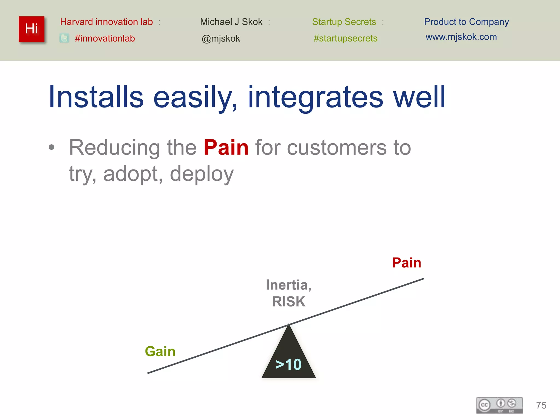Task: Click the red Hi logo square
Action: pos(31,29)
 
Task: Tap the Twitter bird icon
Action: pos(64,38)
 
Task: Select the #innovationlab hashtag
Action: pos(105,38)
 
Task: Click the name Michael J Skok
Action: pos(231,22)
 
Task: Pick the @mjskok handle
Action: pos(221,39)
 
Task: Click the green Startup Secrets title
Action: pos(344,22)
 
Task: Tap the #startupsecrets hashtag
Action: pos(345,38)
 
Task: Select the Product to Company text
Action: pos(466,22)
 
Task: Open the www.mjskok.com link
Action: pos(461,37)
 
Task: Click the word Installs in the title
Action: pos(96,97)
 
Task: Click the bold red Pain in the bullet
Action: pos(226,147)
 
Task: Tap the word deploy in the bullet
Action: pos(202,174)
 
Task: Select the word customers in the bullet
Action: pos(337,148)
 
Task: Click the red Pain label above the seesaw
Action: pos(406,263)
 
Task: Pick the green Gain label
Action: pos(160,351)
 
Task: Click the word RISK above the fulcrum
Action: pos(289,302)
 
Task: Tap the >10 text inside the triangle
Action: pos(288,364)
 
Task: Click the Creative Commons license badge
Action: pos(499,405)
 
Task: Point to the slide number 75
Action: pos(541,405)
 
